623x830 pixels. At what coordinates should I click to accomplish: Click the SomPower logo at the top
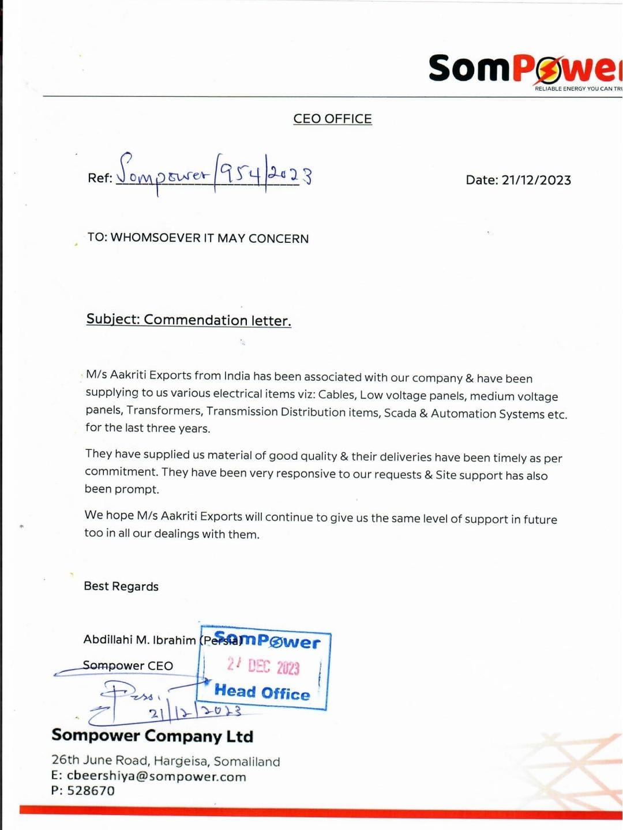pos(525,69)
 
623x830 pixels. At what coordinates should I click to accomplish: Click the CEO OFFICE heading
pos(332,119)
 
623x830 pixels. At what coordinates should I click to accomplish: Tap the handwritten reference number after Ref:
pos(213,172)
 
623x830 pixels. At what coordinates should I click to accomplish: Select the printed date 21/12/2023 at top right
pos(536,180)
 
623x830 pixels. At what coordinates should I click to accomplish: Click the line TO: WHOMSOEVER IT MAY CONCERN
pos(198,238)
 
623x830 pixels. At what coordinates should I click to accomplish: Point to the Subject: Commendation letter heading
pos(189,320)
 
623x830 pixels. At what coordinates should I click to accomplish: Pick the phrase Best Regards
pos(121,586)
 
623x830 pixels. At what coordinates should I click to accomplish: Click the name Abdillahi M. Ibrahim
pos(140,640)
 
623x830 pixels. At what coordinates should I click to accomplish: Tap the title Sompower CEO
pos(127,666)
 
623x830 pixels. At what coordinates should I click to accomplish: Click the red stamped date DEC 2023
pos(273,667)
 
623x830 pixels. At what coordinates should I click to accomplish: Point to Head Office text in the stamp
pos(262,692)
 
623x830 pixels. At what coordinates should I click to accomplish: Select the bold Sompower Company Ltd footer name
pos(152,736)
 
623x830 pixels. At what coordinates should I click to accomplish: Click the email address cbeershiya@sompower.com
pos(156,776)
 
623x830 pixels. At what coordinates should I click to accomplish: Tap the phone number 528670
pos(91,791)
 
